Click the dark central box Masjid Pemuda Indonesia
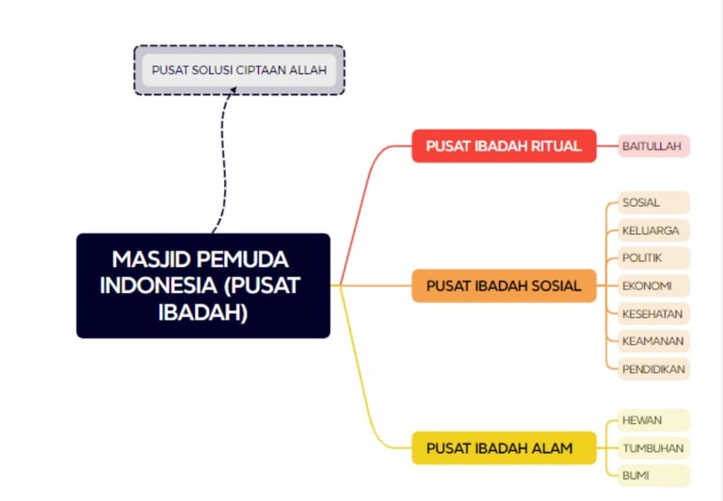202,285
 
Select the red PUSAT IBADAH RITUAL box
504,146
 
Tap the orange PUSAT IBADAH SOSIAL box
504,286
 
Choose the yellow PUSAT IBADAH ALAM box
504,448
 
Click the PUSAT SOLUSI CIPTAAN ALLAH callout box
239,70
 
